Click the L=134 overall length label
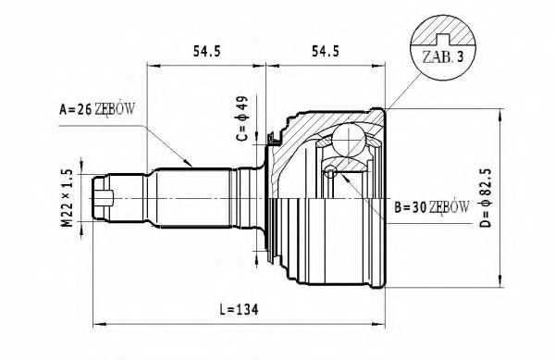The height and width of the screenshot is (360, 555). point(239,310)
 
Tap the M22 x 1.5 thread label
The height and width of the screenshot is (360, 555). point(68,198)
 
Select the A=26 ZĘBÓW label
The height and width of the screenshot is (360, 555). point(97,109)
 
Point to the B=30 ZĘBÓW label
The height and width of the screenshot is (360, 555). point(432,207)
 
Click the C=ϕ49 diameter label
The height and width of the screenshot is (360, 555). point(242,118)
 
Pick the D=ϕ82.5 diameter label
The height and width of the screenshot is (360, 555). point(487,197)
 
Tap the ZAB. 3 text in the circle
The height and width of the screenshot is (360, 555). point(442,57)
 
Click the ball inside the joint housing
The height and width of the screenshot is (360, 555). point(349,140)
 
